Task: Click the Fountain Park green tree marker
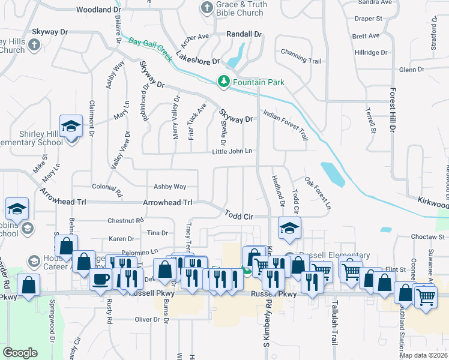pos(224,81)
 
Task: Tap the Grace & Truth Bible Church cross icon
pos(207,8)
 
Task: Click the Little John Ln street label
pos(232,151)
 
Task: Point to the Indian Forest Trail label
pos(286,120)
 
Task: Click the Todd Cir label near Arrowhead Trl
pos(241,214)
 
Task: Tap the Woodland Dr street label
pos(98,10)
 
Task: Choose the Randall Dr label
pos(244,35)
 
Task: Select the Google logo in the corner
pos(20,352)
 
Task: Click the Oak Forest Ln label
pos(318,193)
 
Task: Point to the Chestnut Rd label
pos(125,221)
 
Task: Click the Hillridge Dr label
pos(370,53)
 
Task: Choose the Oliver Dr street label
pos(146,319)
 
